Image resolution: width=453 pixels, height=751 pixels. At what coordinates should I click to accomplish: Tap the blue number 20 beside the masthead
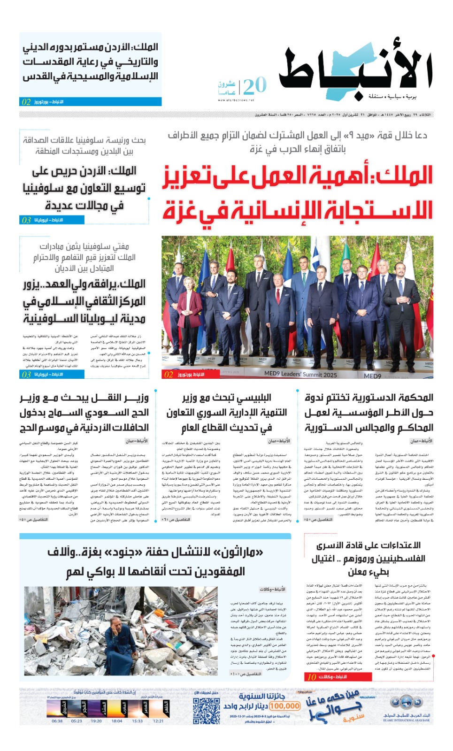pos(255,86)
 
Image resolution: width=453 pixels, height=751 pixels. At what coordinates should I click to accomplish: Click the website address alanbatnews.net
pos(236,100)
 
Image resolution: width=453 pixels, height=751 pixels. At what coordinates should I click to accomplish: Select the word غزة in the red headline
pos(179,210)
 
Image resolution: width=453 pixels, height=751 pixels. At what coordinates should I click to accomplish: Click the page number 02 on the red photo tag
pos(169,375)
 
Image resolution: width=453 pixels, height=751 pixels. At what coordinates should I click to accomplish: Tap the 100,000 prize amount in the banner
pos(285,706)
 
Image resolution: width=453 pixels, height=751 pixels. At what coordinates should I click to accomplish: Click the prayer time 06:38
pos(57,721)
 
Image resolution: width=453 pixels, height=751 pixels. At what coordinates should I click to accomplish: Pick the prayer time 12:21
pos(158,721)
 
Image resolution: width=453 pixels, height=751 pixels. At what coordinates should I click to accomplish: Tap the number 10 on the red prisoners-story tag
pos(312,677)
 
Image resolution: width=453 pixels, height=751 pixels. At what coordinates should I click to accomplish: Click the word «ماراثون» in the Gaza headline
pos(239,552)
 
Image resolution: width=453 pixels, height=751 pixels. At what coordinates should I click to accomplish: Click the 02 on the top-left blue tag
pos(26,102)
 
